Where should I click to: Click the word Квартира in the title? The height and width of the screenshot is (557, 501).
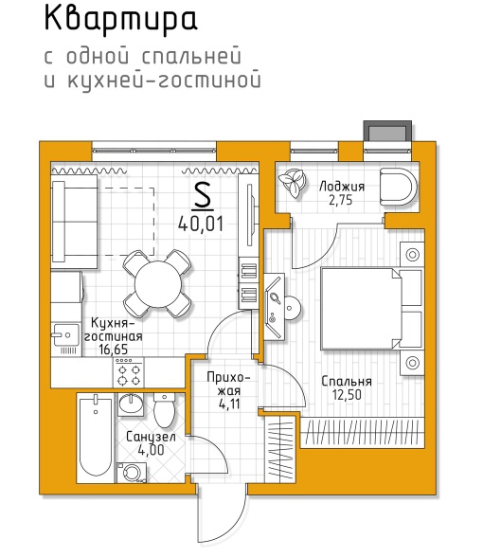point(120,21)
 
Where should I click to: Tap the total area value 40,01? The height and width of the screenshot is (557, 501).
point(201,224)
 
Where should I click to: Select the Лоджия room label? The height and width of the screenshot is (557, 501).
point(342,187)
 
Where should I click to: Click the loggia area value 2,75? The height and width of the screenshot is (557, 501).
point(341,201)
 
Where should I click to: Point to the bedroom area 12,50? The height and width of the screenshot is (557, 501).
point(347,395)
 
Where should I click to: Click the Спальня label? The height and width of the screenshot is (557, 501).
point(347,382)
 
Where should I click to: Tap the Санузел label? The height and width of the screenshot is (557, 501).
point(151,437)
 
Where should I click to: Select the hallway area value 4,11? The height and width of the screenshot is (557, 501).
point(229,404)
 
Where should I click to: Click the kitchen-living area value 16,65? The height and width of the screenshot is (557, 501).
point(114,350)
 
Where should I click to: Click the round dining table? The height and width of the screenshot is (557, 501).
point(158,284)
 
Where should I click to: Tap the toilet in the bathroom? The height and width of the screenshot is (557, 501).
point(164,410)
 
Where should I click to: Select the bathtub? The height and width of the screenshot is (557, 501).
point(96,438)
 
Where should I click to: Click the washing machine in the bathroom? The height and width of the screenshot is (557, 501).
point(132,473)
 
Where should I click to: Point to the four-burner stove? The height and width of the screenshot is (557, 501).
point(129,372)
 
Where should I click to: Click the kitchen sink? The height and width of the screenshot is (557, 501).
point(65,334)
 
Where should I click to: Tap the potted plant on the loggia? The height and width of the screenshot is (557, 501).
point(293,183)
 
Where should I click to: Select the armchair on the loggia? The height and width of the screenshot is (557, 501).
point(399,186)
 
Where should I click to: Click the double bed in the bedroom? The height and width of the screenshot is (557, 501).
point(371,309)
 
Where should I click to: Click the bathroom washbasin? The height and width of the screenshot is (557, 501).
point(131,404)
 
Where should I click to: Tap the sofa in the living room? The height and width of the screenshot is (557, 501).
point(75,221)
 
